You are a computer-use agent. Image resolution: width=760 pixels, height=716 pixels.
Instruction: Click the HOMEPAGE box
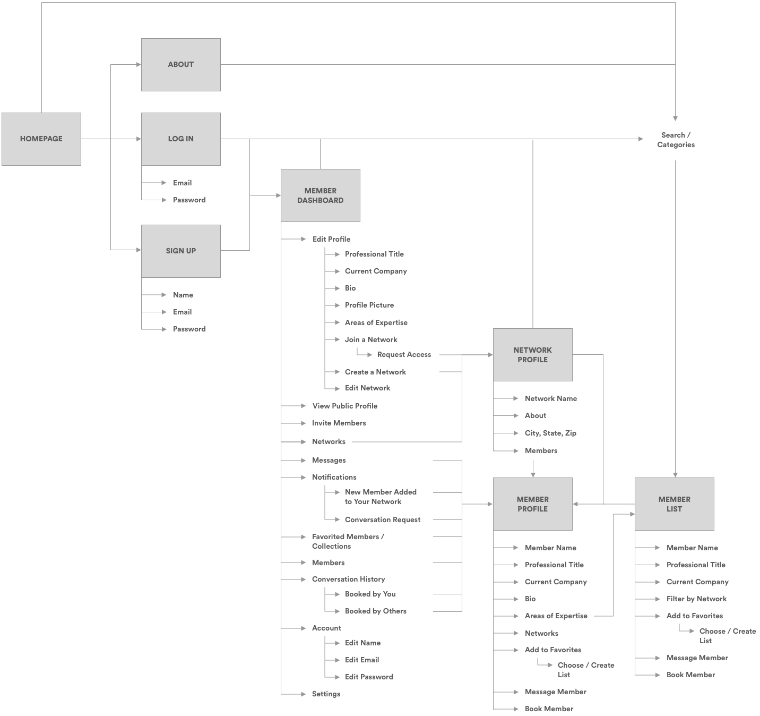click(41, 139)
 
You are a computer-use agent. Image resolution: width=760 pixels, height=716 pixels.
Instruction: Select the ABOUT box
click(180, 64)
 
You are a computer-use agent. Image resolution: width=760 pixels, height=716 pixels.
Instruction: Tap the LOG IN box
click(180, 139)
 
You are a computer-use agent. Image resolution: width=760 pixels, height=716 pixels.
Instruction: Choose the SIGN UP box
click(180, 251)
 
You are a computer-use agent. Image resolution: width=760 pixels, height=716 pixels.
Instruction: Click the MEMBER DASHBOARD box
click(320, 195)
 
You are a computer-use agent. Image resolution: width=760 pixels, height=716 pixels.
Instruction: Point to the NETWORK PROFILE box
click(532, 355)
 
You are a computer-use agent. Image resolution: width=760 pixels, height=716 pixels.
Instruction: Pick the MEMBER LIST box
click(674, 504)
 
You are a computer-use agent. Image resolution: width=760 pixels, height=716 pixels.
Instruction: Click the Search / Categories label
click(676, 140)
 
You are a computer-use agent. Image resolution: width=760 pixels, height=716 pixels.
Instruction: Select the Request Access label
click(404, 355)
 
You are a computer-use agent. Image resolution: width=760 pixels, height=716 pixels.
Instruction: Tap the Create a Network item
click(375, 372)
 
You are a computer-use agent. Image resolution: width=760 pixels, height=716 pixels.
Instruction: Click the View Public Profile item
click(345, 406)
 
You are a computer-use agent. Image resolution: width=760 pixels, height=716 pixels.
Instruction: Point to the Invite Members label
click(339, 423)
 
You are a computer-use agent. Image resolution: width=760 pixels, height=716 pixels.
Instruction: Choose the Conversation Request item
click(383, 519)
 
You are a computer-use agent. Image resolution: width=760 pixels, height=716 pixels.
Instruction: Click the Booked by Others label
click(376, 611)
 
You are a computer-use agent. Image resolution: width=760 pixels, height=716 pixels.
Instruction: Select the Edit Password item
click(369, 677)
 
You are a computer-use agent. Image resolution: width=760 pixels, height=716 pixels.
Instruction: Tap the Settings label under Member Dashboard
click(326, 694)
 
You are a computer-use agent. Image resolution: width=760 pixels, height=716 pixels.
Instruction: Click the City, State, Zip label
click(550, 433)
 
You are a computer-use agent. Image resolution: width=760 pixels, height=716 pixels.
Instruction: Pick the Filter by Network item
click(696, 599)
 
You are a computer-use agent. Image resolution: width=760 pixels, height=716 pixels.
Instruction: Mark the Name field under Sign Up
click(183, 295)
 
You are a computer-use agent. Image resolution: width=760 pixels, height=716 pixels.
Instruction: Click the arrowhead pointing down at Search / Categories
click(675, 118)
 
